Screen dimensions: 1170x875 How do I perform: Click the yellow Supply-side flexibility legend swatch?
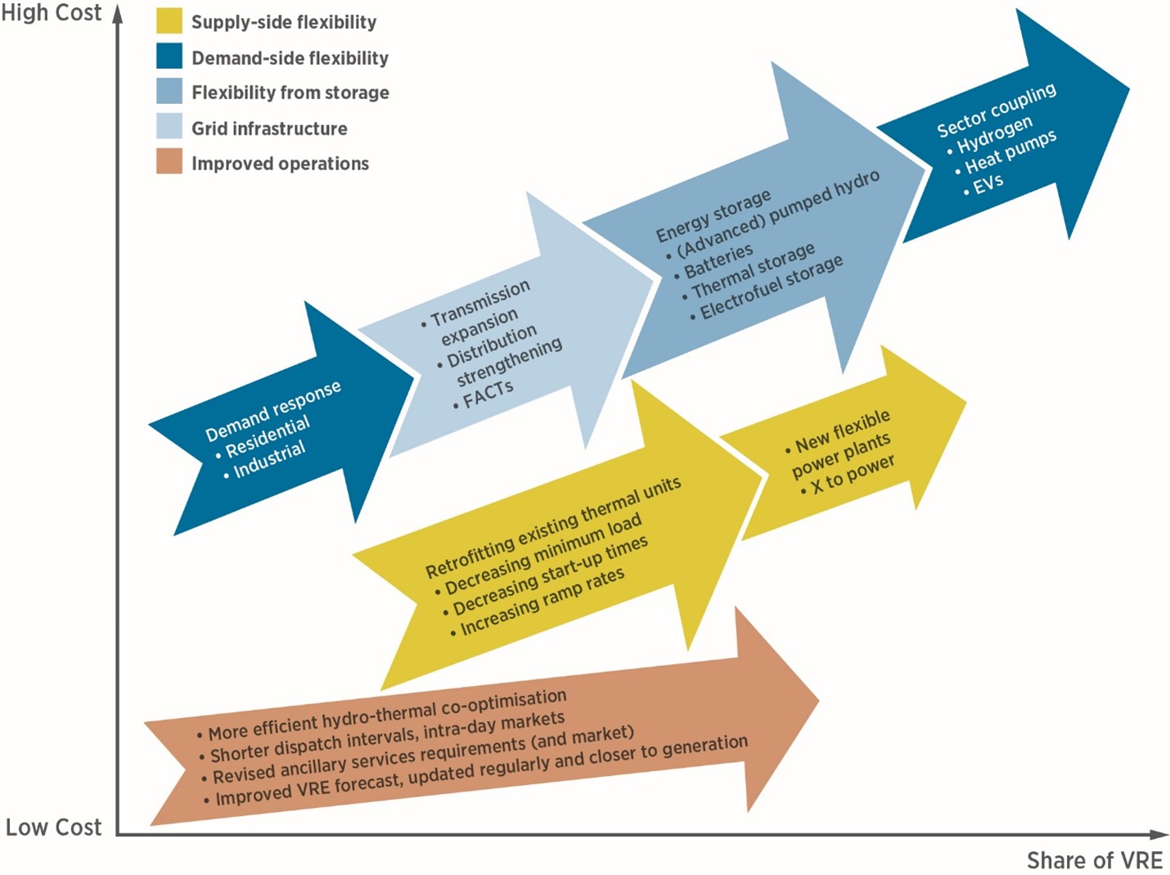(169, 20)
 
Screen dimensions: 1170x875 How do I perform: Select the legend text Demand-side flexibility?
(290, 57)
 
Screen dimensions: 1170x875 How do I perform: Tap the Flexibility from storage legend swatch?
(169, 91)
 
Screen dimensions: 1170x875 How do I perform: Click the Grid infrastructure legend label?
(269, 129)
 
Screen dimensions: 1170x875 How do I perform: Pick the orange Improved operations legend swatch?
(169, 161)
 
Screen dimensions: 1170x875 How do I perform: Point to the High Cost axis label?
(52, 13)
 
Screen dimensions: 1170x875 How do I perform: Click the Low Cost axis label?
(53, 827)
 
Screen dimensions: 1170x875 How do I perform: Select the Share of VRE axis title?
(1095, 860)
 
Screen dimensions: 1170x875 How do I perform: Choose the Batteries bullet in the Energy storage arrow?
(713, 261)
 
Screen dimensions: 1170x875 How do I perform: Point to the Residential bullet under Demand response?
(263, 437)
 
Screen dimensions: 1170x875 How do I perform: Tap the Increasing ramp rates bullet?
(538, 602)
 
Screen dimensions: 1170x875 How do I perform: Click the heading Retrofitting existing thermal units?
(553, 527)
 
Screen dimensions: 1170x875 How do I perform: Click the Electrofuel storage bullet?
(767, 287)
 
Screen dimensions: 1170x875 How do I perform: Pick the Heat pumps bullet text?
(1006, 153)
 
